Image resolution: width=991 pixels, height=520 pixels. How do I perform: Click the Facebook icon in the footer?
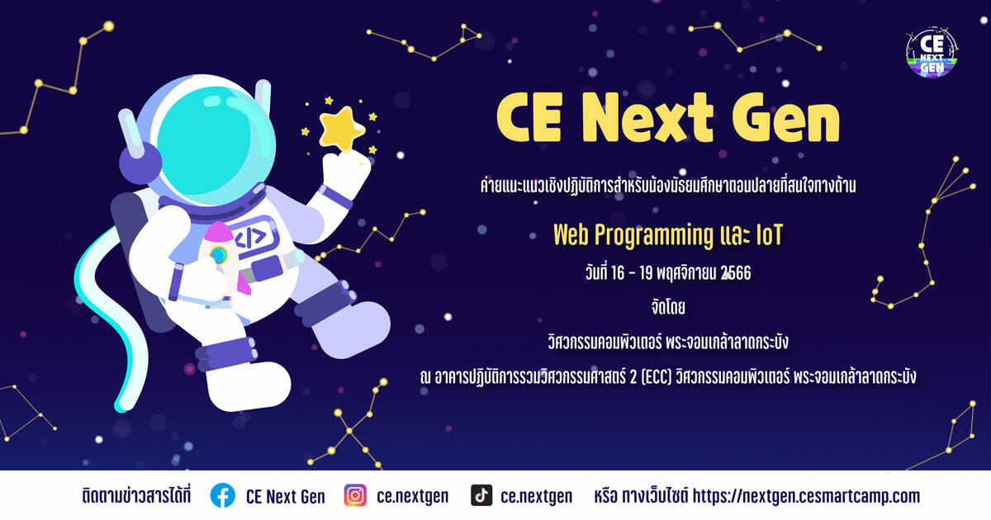coord(222,495)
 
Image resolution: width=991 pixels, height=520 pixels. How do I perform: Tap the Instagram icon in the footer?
coord(355,495)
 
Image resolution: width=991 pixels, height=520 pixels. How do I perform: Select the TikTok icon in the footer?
coord(481,495)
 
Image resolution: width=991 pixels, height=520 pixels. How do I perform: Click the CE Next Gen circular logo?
coord(932,52)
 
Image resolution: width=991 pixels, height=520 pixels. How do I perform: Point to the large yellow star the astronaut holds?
coord(342,129)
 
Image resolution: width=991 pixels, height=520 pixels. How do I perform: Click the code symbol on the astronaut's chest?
coord(251,238)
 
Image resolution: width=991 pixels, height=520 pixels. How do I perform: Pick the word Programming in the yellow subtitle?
coord(653,236)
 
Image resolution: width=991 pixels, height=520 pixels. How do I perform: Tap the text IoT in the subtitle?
coord(770,234)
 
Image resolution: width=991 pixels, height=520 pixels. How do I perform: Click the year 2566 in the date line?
coord(736,273)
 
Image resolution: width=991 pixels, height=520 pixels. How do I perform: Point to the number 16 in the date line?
coord(618,273)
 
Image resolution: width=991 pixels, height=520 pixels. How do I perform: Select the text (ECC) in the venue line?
coord(657,377)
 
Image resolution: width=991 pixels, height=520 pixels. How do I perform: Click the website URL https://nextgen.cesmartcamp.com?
coord(806,496)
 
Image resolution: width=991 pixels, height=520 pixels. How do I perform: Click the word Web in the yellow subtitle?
coord(571,234)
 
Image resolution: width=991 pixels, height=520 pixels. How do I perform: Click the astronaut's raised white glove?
coord(345,173)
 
